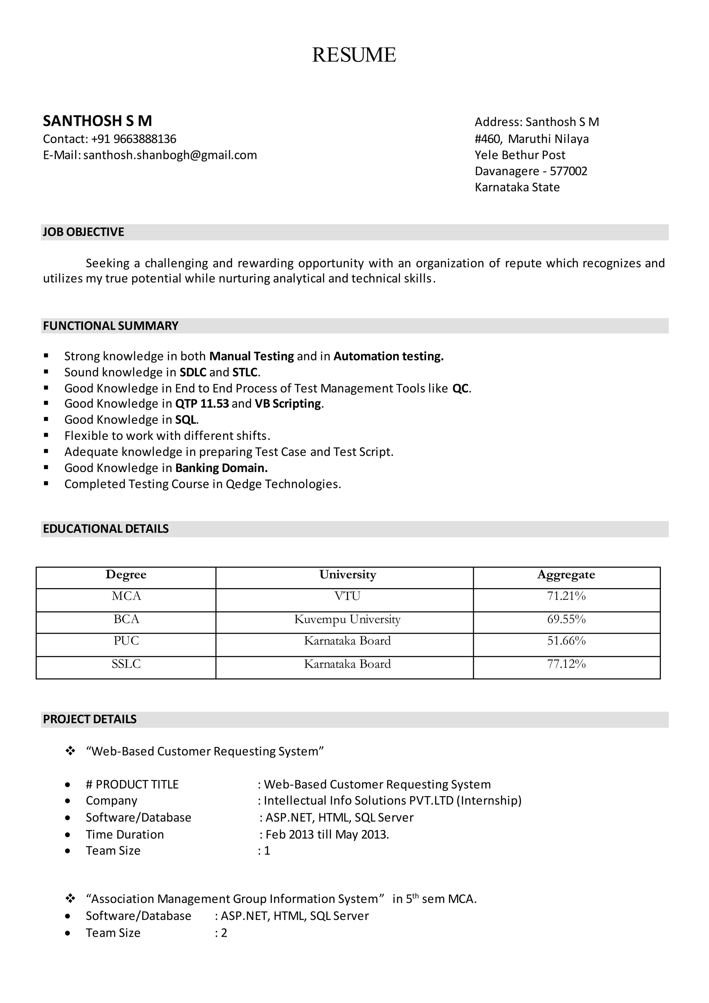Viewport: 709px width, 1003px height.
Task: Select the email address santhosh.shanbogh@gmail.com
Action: point(170,155)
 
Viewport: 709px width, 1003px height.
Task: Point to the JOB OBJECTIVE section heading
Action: point(83,232)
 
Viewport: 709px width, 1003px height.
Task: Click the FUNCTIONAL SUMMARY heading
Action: point(110,326)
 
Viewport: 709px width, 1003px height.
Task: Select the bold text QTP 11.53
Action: point(202,403)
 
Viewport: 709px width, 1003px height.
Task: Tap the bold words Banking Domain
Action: point(221,468)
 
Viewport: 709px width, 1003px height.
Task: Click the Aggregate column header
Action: point(566,575)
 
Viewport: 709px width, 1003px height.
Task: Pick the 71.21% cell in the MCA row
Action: point(566,596)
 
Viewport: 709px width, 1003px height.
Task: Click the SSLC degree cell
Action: point(126,664)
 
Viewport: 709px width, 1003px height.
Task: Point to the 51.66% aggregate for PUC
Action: point(566,641)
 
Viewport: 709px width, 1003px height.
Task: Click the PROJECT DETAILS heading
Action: point(90,719)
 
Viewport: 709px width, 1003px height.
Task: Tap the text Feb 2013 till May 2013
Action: point(327,834)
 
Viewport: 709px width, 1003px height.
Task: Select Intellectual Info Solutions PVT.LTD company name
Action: point(359,800)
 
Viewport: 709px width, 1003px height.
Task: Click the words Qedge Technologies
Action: point(282,484)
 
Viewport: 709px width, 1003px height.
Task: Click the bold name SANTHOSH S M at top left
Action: point(97,121)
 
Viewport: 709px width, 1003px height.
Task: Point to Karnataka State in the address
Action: point(517,187)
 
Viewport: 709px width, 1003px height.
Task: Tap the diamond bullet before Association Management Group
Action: point(70,899)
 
